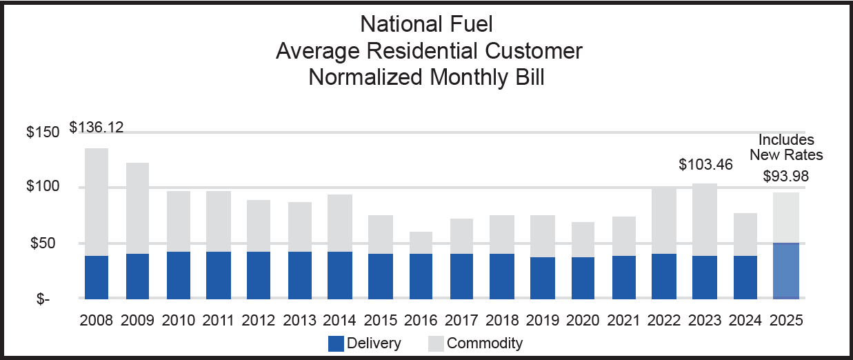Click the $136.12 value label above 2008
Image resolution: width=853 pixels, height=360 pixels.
[97, 128]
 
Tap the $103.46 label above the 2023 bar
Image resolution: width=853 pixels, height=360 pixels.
[706, 165]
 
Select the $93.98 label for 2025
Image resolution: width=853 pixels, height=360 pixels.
[786, 176]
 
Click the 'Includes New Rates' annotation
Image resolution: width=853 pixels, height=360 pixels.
[786, 147]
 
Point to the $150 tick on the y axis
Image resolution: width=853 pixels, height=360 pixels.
[43, 132]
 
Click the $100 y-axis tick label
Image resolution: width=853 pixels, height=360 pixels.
[43, 188]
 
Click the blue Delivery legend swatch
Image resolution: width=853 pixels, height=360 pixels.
[336, 343]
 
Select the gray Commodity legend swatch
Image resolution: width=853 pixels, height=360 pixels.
[435, 343]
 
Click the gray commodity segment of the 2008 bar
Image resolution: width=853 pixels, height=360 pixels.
[97, 201]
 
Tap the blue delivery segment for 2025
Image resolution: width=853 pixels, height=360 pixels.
[786, 270]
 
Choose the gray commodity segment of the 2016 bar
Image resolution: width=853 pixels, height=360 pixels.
[421, 243]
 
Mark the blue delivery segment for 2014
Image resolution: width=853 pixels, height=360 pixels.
[340, 274]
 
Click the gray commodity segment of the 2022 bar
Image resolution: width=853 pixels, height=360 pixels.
[664, 220]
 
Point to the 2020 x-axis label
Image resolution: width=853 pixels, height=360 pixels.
[583, 321]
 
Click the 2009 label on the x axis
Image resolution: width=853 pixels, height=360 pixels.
[137, 321]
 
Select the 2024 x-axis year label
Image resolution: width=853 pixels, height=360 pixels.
[745, 321]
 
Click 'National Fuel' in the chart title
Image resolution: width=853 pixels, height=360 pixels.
[427, 25]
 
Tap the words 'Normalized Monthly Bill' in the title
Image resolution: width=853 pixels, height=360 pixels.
[427, 77]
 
